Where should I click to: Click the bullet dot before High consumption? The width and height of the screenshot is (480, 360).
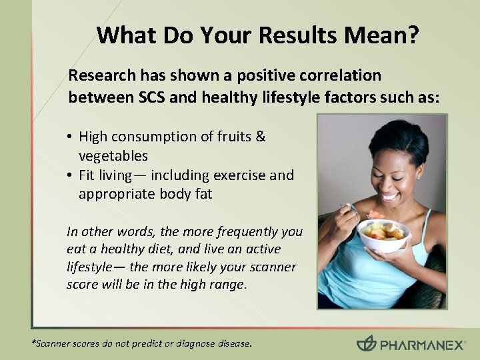(x=70, y=137)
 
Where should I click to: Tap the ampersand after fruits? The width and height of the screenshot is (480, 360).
(x=261, y=137)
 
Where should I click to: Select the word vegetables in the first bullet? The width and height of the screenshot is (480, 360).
(x=113, y=155)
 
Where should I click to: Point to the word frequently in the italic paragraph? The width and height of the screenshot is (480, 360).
(x=239, y=231)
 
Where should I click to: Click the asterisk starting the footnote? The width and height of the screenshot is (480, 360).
(x=35, y=343)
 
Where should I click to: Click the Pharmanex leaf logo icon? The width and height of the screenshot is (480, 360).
(x=366, y=343)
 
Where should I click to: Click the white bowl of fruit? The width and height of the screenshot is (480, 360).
(x=383, y=237)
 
